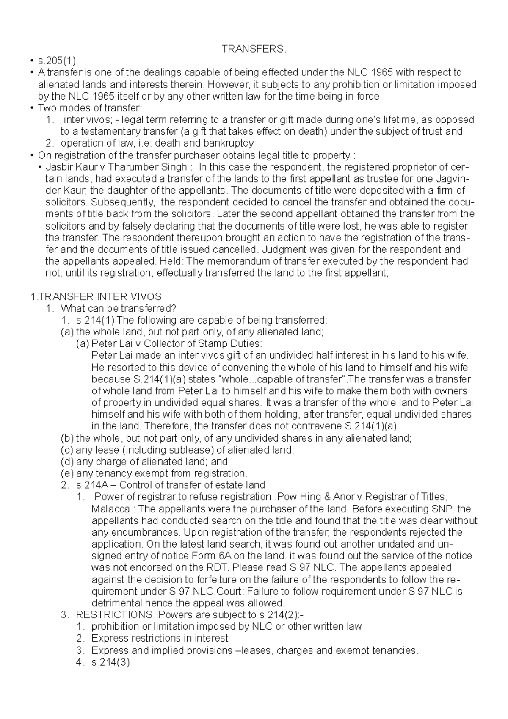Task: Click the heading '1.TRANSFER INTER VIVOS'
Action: (x=97, y=296)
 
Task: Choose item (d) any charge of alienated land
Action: (x=144, y=462)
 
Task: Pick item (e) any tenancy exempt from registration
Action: (x=154, y=473)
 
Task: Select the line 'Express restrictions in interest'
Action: (x=160, y=639)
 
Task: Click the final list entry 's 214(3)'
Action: (x=110, y=662)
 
